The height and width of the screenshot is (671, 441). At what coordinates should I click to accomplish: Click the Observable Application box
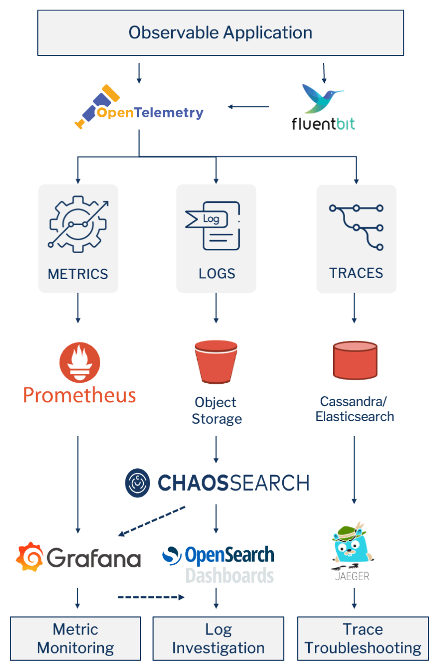(x=220, y=33)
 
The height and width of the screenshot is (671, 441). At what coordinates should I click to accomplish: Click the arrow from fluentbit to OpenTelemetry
(x=249, y=107)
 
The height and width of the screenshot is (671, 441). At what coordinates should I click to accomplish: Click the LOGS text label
(x=216, y=274)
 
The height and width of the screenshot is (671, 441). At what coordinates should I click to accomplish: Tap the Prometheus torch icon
(x=79, y=362)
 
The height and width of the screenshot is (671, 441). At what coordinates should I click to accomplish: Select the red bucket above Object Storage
(x=216, y=361)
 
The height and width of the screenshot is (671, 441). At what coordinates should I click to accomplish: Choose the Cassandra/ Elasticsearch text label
(x=355, y=409)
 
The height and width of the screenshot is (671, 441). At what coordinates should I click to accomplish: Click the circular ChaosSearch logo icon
(x=137, y=482)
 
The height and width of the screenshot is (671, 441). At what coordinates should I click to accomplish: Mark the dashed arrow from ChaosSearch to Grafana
(x=151, y=521)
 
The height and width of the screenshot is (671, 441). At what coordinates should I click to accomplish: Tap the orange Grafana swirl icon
(x=29, y=557)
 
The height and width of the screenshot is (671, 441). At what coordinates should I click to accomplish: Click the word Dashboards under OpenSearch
(x=229, y=575)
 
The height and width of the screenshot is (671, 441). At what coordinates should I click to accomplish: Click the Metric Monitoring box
(x=76, y=638)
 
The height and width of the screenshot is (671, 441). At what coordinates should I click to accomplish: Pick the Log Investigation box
(x=218, y=638)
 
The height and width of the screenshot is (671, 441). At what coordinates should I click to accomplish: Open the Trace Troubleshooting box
(x=363, y=638)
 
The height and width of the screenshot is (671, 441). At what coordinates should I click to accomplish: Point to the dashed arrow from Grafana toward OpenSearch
(x=150, y=597)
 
